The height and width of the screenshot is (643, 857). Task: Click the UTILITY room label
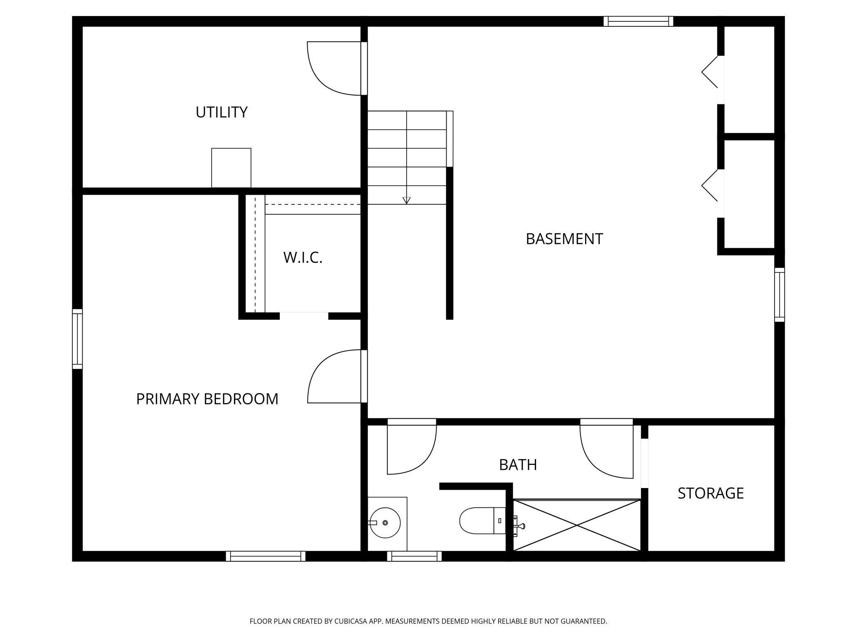221,112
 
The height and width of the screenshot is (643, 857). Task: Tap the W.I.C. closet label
303,258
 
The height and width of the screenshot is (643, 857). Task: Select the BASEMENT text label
564,239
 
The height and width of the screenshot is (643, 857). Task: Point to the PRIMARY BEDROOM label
207,399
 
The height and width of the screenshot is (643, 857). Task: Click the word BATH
518,465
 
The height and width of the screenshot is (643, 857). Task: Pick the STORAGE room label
711,493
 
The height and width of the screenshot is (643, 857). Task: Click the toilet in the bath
482,521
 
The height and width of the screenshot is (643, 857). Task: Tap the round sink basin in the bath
385,523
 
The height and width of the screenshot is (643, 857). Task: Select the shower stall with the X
577,525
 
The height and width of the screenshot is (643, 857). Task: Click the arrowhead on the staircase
407,201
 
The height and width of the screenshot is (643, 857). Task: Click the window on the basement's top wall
638,21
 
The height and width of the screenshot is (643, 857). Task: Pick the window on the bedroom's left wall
77,339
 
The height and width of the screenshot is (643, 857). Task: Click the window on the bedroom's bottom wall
266,556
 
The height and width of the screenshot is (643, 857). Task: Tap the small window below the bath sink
414,556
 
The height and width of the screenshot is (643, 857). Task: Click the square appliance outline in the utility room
231,168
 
